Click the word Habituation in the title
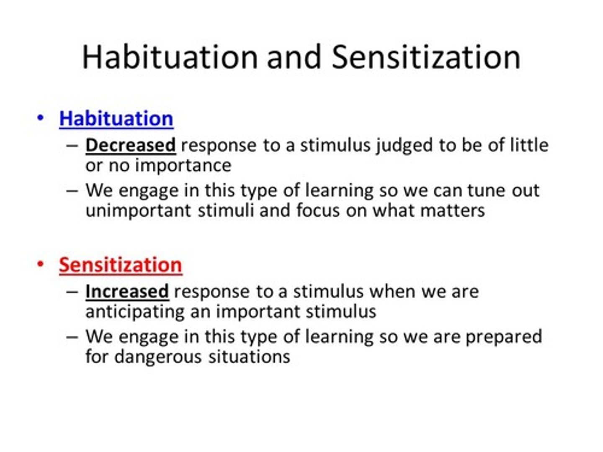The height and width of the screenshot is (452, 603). tap(170, 57)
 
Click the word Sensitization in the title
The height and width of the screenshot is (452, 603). tap(426, 57)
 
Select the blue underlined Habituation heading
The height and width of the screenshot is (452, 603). tap(116, 118)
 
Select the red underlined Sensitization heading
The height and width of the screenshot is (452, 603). tap(120, 265)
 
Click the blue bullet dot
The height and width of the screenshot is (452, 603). tap(40, 118)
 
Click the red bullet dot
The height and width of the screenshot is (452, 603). tap(40, 264)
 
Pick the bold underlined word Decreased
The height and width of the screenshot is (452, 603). tap(130, 145)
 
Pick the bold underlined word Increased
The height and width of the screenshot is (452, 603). tap(127, 291)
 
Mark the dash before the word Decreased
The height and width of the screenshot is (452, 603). tap(72, 146)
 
